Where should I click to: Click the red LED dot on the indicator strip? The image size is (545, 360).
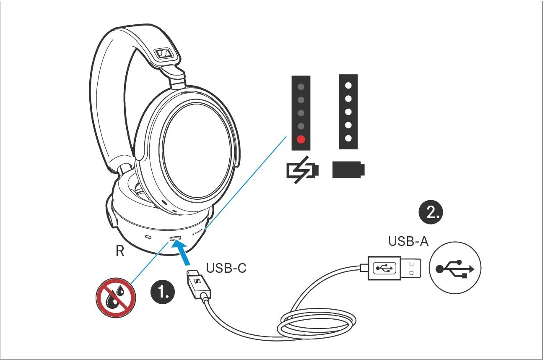point(301,140)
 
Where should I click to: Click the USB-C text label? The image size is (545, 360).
point(226,267)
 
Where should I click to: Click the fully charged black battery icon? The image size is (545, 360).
point(348,170)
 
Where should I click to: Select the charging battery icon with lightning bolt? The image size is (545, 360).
point(302,171)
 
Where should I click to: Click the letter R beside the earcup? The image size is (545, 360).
point(120,251)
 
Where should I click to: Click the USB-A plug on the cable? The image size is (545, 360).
point(392,268)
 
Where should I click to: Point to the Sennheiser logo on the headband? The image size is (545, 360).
point(162,53)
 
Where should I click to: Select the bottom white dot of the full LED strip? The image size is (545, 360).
point(348,138)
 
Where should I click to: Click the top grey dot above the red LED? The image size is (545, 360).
point(301,87)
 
